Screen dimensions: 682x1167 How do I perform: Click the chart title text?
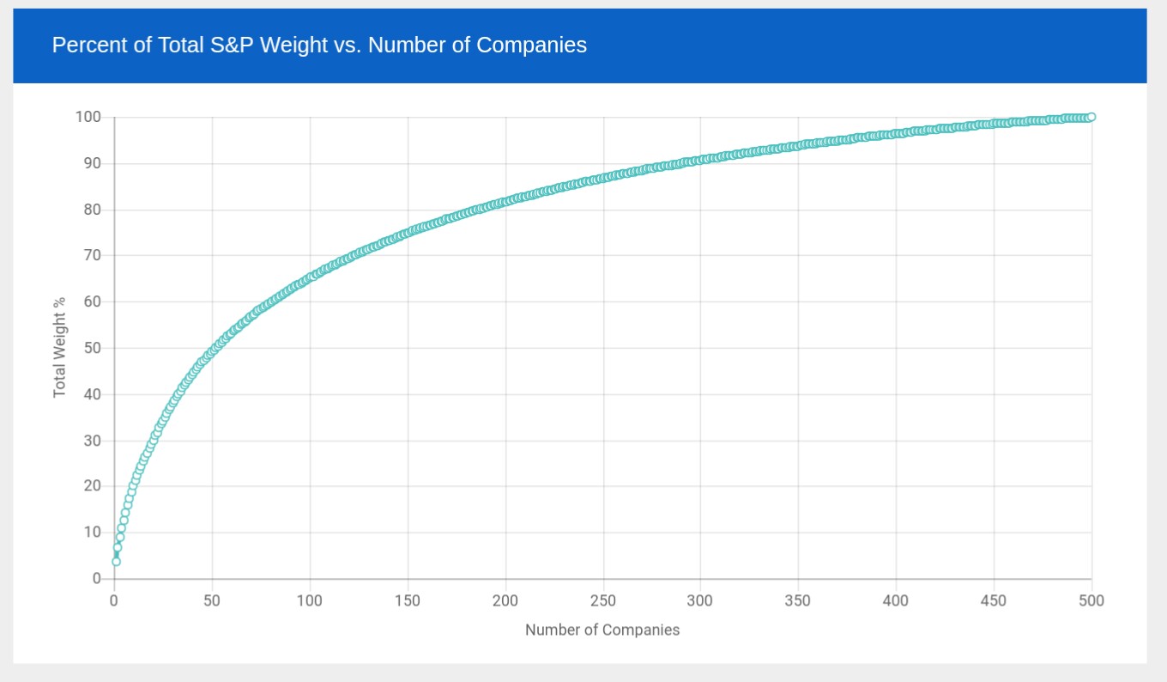click(319, 45)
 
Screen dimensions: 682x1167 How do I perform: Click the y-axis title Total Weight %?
click(59, 347)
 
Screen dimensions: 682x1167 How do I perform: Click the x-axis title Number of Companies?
click(602, 630)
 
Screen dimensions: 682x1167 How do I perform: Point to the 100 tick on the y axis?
click(88, 117)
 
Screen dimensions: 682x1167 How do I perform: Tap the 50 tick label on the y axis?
click(92, 348)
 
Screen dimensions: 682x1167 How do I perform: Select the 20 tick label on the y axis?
click(92, 486)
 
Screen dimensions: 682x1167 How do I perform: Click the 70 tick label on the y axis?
click(92, 255)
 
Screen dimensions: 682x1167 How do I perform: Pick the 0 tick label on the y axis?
click(97, 579)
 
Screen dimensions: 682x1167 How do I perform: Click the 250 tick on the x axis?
click(603, 600)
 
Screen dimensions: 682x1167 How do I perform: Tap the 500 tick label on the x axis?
click(1091, 600)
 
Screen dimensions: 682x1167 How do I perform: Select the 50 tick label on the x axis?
click(212, 600)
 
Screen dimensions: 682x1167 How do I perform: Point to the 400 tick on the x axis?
click(896, 600)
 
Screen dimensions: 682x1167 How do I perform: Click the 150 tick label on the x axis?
click(408, 600)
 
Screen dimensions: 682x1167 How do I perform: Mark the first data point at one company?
click(116, 562)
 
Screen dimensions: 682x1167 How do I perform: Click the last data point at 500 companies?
click(1091, 117)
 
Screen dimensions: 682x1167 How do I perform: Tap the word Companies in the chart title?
click(531, 45)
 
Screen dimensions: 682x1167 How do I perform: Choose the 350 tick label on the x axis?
click(798, 600)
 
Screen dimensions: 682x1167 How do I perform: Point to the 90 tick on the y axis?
click(92, 163)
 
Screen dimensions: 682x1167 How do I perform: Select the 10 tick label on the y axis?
click(92, 533)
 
